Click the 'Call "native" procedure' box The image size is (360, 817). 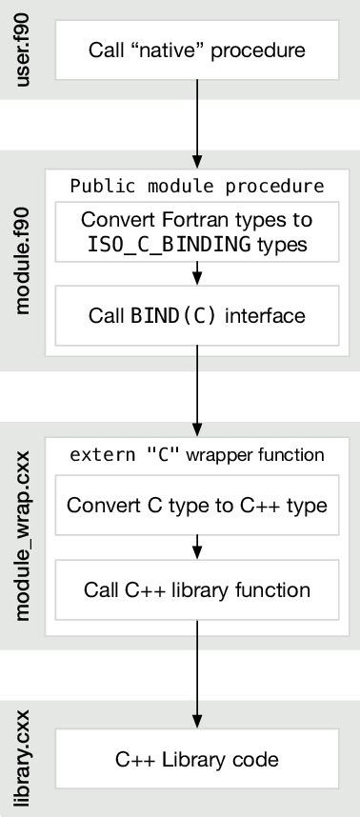pyautogui.click(x=197, y=49)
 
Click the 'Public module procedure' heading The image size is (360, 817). pyautogui.click(x=197, y=185)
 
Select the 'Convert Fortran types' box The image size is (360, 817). pyautogui.click(x=197, y=231)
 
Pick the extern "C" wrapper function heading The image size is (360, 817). pyautogui.click(x=197, y=455)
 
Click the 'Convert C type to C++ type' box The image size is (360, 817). pyautogui.click(x=197, y=505)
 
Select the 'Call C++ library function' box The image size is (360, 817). pyautogui.click(x=197, y=589)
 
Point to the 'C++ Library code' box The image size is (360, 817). pyautogui.click(x=197, y=759)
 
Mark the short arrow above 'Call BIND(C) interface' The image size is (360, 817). pyautogui.click(x=197, y=274)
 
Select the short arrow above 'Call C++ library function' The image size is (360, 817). pyautogui.click(x=197, y=548)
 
